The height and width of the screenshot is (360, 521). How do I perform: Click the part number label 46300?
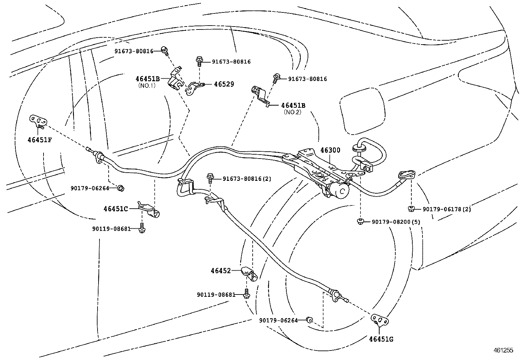[330, 150]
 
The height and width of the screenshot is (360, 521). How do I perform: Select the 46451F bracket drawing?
[37, 121]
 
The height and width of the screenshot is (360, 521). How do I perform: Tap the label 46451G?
[381, 339]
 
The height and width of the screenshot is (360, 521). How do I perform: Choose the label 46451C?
[116, 209]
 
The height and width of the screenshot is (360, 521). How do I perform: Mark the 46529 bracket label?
[224, 84]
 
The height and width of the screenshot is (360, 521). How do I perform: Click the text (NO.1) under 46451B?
[147, 85]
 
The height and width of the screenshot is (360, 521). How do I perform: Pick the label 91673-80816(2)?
[247, 179]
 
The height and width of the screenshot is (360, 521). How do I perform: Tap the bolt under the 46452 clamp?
[247, 294]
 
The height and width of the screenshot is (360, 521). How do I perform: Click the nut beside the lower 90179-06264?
[309, 319]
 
